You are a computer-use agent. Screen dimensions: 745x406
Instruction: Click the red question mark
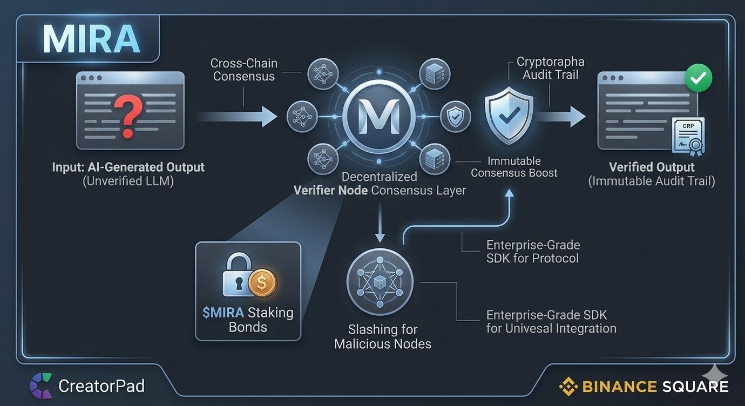pyautogui.click(x=128, y=115)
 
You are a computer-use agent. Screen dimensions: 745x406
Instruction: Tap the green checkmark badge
pyautogui.click(x=699, y=78)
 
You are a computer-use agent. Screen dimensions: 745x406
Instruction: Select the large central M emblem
pyautogui.click(x=379, y=117)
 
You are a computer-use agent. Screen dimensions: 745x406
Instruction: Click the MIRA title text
pyautogui.click(x=91, y=39)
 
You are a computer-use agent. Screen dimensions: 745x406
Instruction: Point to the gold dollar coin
pyautogui.click(x=262, y=283)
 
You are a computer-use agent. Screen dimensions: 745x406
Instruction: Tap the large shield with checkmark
pyautogui.click(x=509, y=115)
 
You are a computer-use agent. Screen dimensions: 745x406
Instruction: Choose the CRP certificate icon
pyautogui.click(x=688, y=137)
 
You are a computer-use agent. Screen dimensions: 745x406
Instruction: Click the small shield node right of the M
pyautogui.click(x=455, y=117)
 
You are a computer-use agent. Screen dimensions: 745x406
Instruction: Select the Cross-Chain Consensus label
pyautogui.click(x=244, y=70)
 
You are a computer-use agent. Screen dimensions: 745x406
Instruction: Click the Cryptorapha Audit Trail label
pyautogui.click(x=550, y=68)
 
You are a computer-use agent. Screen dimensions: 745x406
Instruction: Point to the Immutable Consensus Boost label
pyautogui.click(x=514, y=167)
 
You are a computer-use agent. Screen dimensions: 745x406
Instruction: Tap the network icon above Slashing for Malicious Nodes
pyautogui.click(x=380, y=282)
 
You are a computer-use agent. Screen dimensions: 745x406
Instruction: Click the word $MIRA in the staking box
pyautogui.click(x=223, y=313)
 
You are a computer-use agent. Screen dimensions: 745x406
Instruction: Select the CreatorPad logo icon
pyautogui.click(x=41, y=385)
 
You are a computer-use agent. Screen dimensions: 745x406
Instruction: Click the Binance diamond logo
pyautogui.click(x=568, y=387)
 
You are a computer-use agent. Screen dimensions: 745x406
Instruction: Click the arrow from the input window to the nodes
pyautogui.click(x=237, y=117)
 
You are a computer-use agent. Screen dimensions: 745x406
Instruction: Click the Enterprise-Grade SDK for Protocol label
pyautogui.click(x=533, y=252)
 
